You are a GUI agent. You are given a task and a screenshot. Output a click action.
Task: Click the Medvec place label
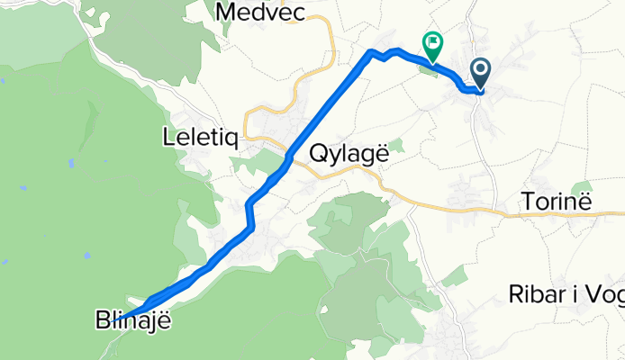[x=262, y=12]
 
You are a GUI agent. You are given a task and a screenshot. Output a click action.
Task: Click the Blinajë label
[x=132, y=319]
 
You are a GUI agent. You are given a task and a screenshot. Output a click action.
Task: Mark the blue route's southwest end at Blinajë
[x=120, y=318]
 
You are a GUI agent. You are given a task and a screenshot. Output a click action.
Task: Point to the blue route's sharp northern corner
[x=370, y=52]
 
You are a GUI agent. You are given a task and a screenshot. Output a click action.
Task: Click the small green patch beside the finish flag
[x=426, y=69]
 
